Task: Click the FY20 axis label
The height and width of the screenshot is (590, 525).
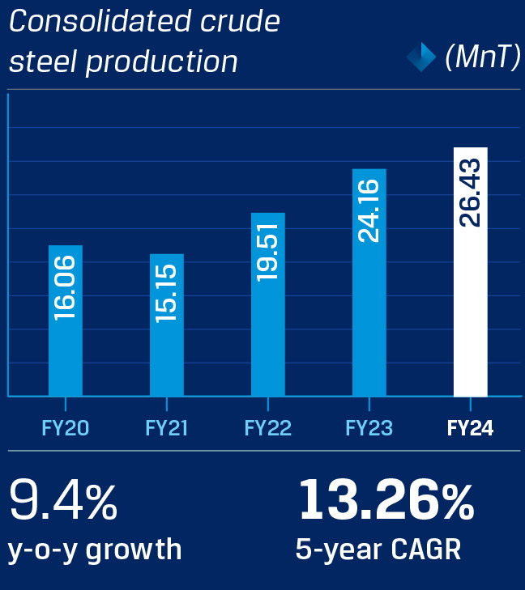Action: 66,428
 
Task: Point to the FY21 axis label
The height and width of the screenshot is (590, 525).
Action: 167,428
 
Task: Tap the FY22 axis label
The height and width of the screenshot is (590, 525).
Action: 268,428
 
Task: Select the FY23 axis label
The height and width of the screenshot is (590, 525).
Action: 369,428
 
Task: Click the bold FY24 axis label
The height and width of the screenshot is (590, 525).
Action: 470,428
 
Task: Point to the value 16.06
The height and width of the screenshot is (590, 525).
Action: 66,287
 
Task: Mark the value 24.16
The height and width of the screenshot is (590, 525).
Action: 369,210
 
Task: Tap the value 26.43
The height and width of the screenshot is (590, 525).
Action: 470,193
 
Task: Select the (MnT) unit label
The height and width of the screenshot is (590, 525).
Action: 482,57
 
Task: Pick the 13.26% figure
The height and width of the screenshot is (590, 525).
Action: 386,500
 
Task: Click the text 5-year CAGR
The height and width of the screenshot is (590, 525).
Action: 378,550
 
